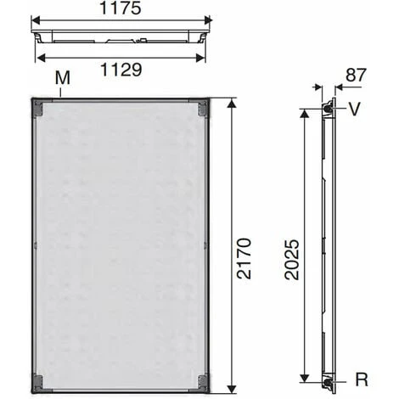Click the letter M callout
61,78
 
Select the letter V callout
354,109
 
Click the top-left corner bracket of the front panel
37,108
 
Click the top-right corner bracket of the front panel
202,108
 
